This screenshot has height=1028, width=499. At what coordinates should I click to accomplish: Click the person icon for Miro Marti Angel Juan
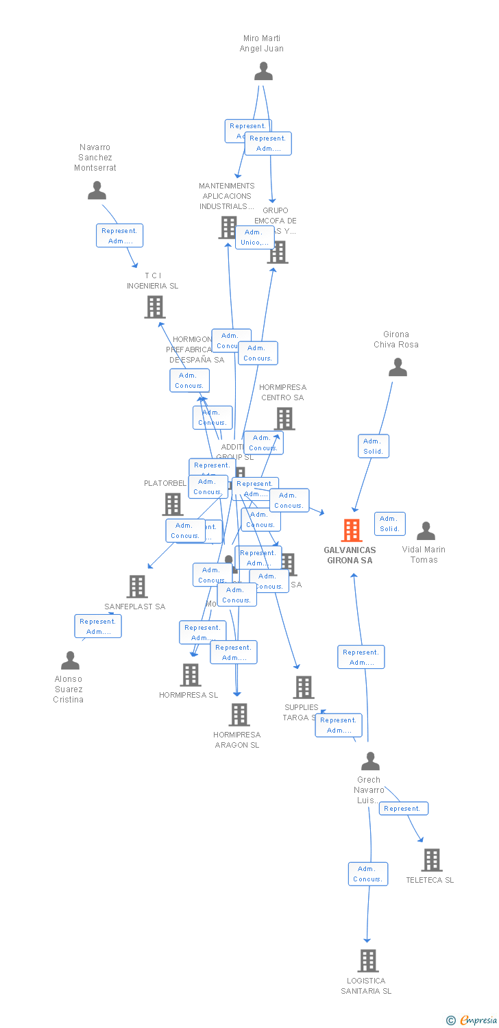tap(263, 71)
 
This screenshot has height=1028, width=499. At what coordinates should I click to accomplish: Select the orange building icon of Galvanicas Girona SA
tap(352, 530)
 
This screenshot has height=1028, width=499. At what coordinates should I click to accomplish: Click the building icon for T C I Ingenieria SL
tap(155, 307)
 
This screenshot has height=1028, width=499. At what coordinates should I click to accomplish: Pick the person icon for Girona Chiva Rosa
tap(398, 367)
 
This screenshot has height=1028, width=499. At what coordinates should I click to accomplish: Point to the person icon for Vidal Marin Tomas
tap(426, 530)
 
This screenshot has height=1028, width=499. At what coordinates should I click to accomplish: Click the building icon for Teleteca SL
tap(431, 859)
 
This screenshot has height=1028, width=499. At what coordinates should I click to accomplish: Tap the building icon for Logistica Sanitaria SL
tap(368, 960)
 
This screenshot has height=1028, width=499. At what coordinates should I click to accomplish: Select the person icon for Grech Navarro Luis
tap(370, 761)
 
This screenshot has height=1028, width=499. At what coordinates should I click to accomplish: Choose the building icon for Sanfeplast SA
tap(137, 586)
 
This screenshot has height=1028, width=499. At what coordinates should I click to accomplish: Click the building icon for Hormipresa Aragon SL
tap(239, 714)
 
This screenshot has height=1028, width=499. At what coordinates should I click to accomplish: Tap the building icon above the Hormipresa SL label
tap(191, 674)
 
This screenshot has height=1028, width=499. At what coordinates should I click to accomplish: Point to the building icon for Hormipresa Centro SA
tap(284, 418)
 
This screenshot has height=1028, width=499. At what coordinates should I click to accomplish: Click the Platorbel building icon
tap(172, 504)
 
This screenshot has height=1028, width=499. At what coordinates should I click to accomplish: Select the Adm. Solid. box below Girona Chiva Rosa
tap(373, 446)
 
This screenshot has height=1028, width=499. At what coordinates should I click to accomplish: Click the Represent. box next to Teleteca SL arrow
tap(403, 809)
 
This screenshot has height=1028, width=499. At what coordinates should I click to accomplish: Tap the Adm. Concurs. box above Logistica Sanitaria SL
tap(368, 874)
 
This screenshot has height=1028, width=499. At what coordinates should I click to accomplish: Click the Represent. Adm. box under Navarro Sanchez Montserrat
tap(120, 236)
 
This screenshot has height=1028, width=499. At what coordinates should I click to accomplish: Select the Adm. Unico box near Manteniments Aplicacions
tap(255, 237)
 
